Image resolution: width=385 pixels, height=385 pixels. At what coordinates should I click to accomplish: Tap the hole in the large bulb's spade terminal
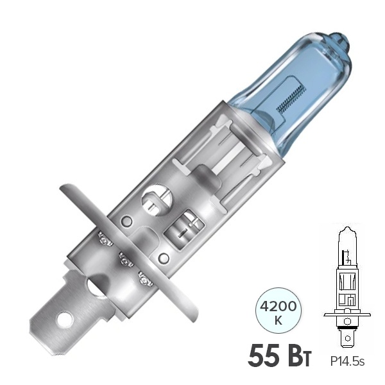tap(65, 320)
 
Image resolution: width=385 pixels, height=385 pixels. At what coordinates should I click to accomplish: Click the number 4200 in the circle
tap(278, 307)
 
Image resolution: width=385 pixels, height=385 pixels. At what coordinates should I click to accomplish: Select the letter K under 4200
tap(278, 321)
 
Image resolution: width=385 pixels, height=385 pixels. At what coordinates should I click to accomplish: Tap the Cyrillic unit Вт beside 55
tap(302, 357)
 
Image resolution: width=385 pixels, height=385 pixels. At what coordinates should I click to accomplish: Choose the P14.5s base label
tap(347, 361)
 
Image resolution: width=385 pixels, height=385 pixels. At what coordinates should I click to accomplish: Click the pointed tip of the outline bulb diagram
tap(346, 228)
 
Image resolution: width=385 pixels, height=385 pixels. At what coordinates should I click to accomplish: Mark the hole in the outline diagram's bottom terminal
tap(347, 339)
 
